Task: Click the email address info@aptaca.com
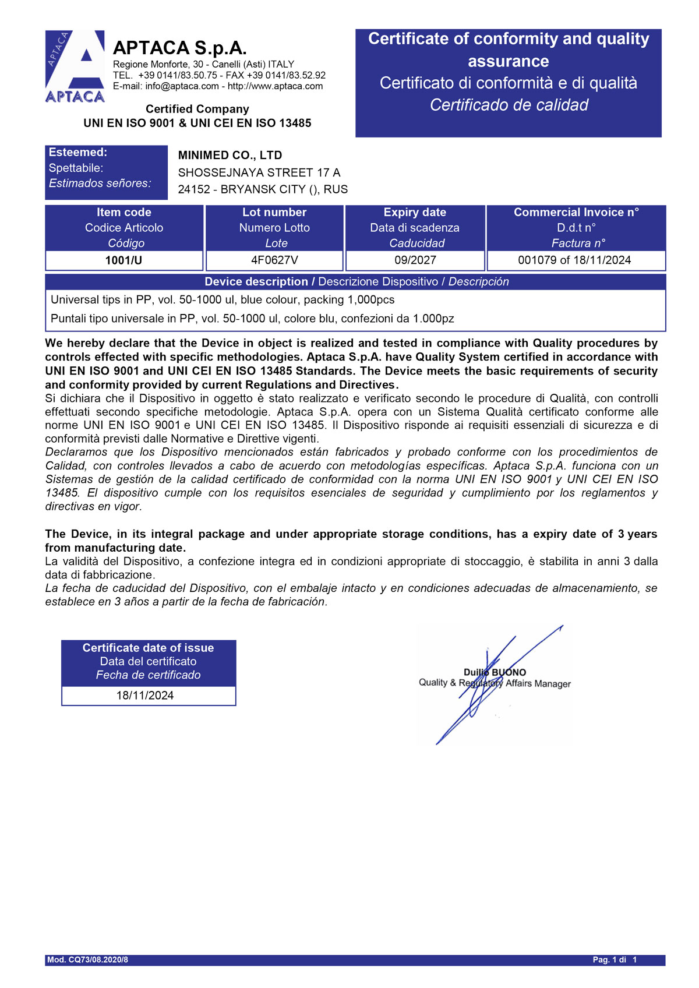[x=182, y=86]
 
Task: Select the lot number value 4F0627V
[x=274, y=260]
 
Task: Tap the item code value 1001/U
[x=123, y=260]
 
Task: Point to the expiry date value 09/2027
[x=415, y=260]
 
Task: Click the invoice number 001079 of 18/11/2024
[x=574, y=260]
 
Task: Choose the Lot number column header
[x=274, y=213]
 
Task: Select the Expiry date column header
[x=415, y=213]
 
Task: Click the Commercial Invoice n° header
[x=576, y=213]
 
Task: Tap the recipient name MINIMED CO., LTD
[x=230, y=156]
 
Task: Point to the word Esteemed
[x=78, y=153]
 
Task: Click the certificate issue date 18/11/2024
[x=145, y=696]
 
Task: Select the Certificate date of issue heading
[x=148, y=648]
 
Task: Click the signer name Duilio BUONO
[x=495, y=672]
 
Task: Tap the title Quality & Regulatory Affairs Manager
[x=495, y=683]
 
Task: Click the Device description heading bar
[x=356, y=282]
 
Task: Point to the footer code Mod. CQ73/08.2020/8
[x=87, y=960]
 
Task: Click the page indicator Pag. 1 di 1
[x=615, y=960]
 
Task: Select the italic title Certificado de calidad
[x=509, y=105]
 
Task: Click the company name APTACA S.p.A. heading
[x=179, y=48]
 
